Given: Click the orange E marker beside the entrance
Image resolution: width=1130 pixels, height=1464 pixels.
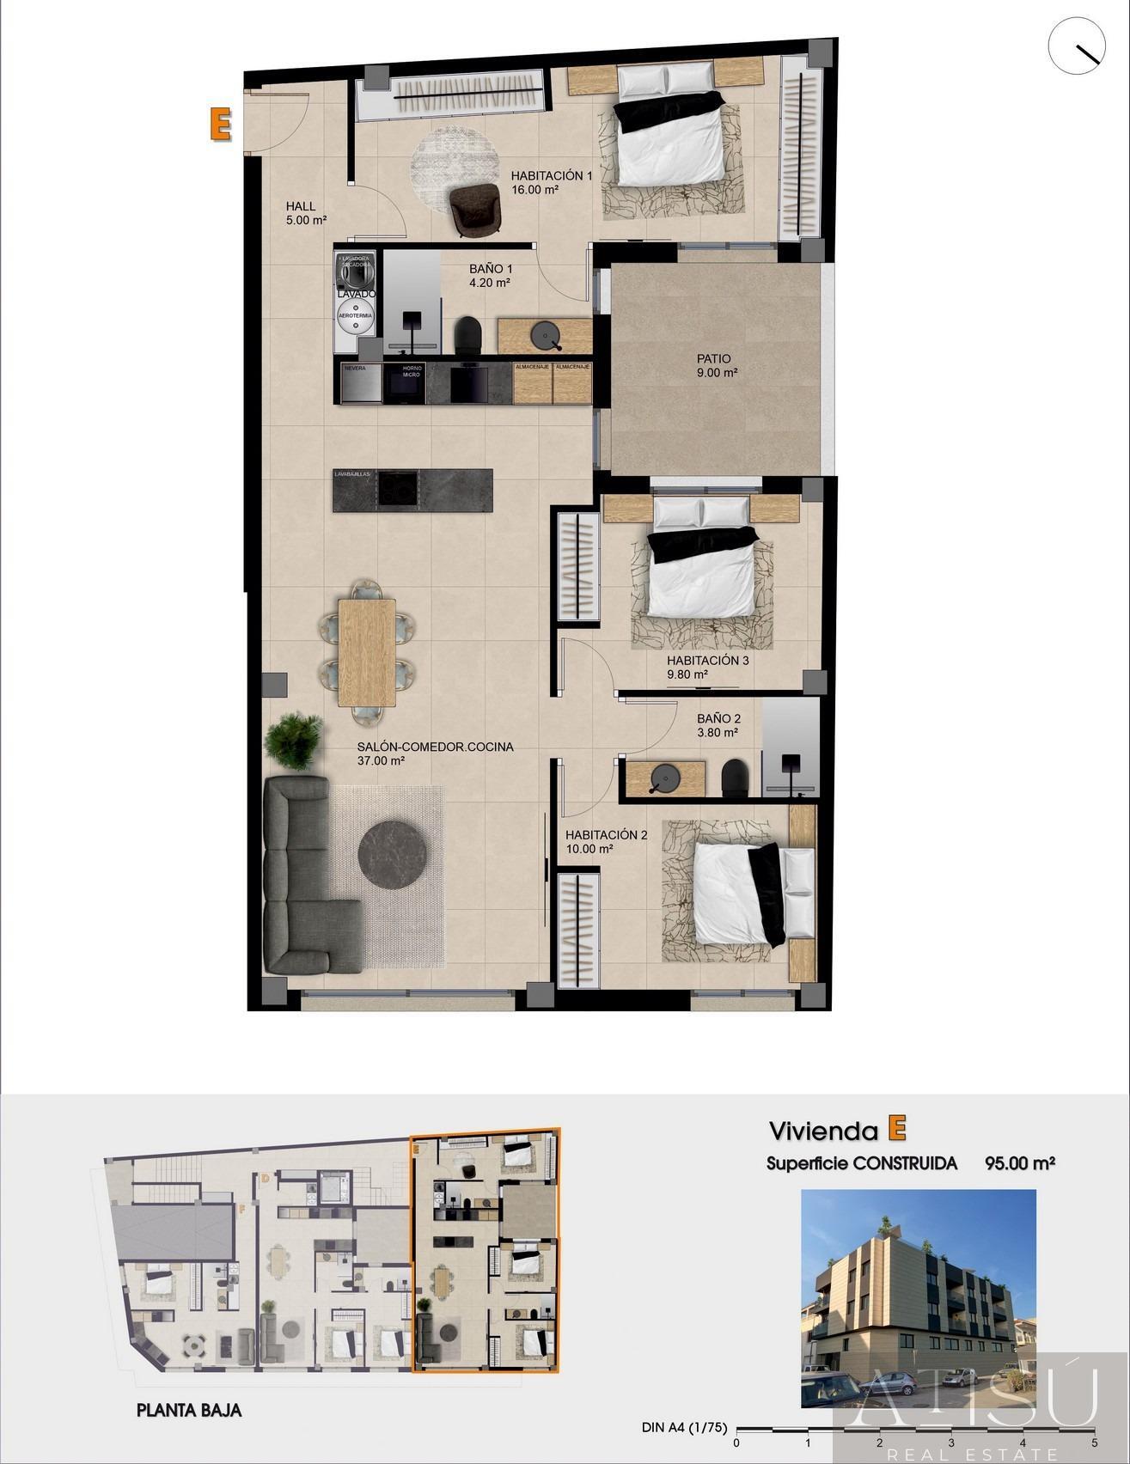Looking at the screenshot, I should [221, 124].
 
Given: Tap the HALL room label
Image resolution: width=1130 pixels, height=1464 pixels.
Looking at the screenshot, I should [301, 206].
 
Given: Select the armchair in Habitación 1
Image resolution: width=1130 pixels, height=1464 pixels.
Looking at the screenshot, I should [475, 209].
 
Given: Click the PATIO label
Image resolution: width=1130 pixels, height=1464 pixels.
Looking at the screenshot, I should [714, 359].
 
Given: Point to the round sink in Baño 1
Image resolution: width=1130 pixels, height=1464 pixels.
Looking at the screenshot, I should [544, 335].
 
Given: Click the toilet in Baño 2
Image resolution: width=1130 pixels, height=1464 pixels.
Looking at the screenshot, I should [735, 776].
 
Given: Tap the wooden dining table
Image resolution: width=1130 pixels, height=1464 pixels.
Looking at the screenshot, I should [367, 650].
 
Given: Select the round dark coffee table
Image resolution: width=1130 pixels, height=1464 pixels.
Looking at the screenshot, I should [392, 854].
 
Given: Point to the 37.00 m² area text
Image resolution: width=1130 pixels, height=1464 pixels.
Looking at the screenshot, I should [381, 760].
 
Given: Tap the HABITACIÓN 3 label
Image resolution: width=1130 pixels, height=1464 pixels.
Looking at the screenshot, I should [708, 661].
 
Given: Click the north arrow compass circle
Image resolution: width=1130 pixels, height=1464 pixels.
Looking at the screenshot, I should [1076, 46].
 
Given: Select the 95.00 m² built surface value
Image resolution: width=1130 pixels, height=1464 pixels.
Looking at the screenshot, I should [1019, 1163].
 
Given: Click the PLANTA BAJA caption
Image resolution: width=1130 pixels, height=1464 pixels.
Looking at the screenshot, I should [189, 1411].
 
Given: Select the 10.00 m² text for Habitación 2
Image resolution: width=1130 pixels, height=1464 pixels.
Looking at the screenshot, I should [589, 849].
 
